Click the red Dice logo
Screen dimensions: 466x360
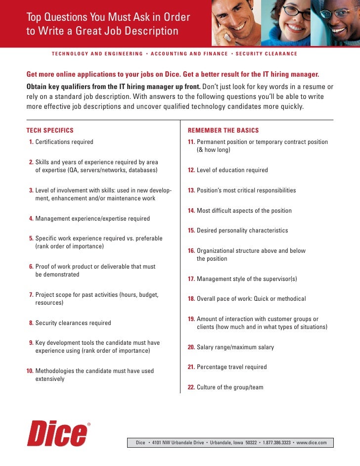tap(57, 434)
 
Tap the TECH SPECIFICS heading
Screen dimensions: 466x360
tap(49, 131)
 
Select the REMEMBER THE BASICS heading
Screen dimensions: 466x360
tap(223, 131)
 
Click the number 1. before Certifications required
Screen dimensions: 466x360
tap(31, 142)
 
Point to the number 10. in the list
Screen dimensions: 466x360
tap(29, 371)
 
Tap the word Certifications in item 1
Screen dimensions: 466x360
tap(54, 142)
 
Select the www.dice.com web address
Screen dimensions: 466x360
tap(312, 443)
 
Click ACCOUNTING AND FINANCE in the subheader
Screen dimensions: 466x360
tap(189, 53)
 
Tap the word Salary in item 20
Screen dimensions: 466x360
tap(205, 347)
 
